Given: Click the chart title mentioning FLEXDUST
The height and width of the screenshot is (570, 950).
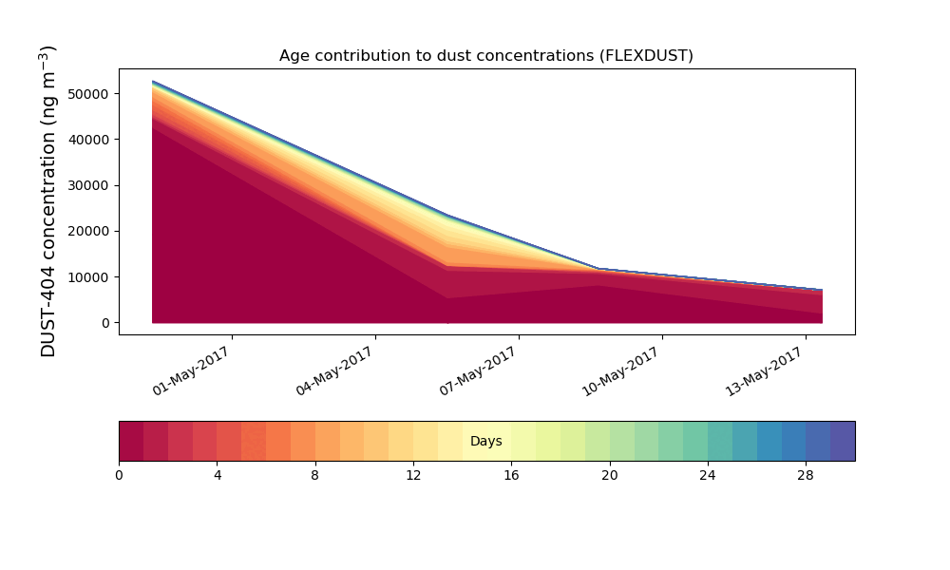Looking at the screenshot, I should click(x=485, y=56).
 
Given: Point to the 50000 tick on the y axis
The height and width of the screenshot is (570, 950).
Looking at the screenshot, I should click(x=87, y=94).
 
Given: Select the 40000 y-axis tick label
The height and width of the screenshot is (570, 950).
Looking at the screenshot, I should click(x=87, y=140).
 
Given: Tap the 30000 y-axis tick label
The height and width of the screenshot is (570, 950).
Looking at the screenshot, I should click(x=87, y=185).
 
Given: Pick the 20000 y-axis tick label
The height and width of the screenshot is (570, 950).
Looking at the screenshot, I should click(x=87, y=231).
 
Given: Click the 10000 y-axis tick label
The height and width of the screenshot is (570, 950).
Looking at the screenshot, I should click(x=87, y=277).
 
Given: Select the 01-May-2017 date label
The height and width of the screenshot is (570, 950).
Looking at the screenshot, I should click(x=193, y=370).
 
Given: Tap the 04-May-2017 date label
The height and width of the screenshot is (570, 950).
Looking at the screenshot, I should click(x=336, y=370).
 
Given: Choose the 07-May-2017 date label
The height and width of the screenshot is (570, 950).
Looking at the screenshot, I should click(x=480, y=370).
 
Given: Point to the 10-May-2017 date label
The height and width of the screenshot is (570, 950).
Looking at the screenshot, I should click(x=623, y=370).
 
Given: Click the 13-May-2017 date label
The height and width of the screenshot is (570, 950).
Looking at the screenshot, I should click(x=767, y=370).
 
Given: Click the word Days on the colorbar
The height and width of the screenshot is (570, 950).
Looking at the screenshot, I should click(x=485, y=442).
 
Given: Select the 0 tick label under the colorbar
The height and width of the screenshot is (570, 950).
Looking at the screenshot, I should click(x=119, y=475).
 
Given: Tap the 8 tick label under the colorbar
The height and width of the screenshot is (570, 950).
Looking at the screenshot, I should click(x=314, y=475).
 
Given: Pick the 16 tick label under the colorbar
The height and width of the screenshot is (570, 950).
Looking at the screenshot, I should click(x=511, y=475).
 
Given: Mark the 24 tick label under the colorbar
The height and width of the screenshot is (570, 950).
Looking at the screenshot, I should click(x=708, y=475).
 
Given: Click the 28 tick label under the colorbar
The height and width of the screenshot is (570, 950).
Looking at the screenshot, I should click(x=806, y=475).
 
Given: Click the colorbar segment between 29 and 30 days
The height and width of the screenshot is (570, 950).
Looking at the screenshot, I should click(x=843, y=441).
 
